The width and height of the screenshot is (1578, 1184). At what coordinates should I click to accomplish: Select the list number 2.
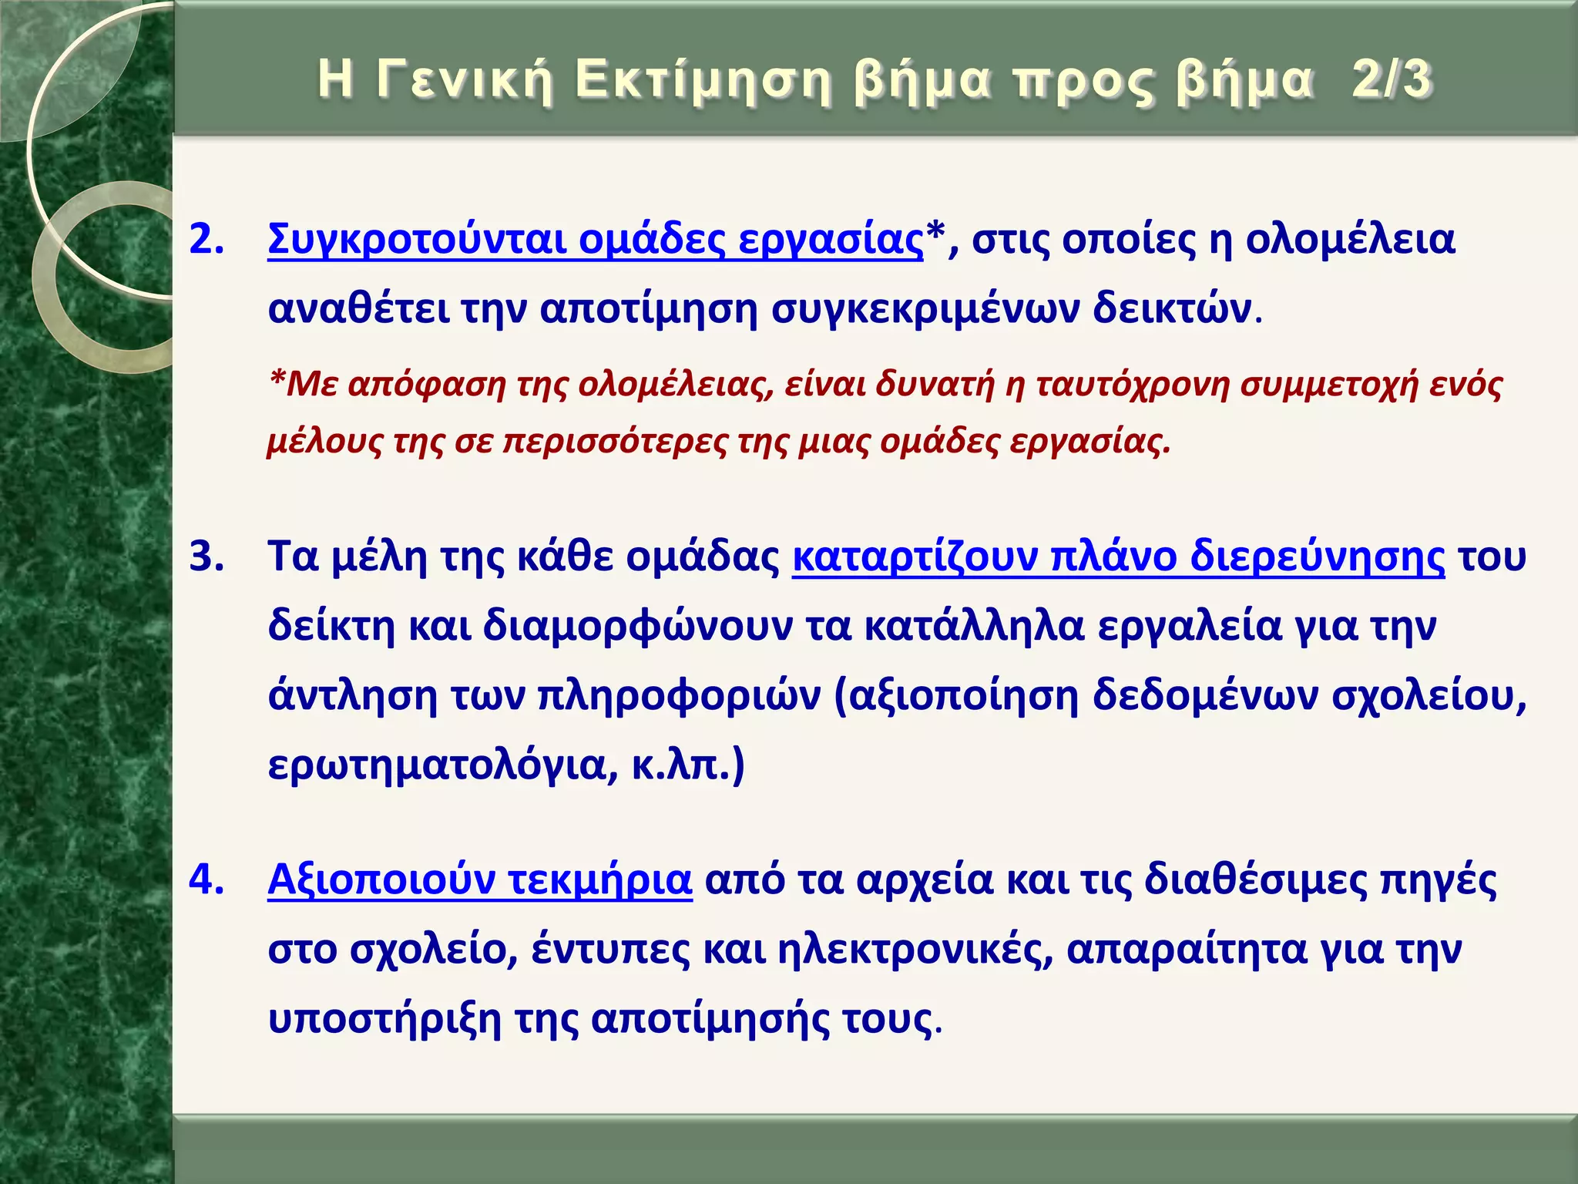[206, 240]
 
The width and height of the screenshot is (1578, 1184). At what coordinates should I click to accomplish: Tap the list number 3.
[206, 557]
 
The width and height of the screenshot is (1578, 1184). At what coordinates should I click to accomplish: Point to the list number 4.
[206, 880]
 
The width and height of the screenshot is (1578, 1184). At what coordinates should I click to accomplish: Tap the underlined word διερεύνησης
[1317, 557]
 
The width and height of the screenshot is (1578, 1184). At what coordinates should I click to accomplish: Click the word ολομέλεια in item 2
[1350, 240]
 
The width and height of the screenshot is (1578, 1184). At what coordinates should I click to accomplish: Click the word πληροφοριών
[679, 695]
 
